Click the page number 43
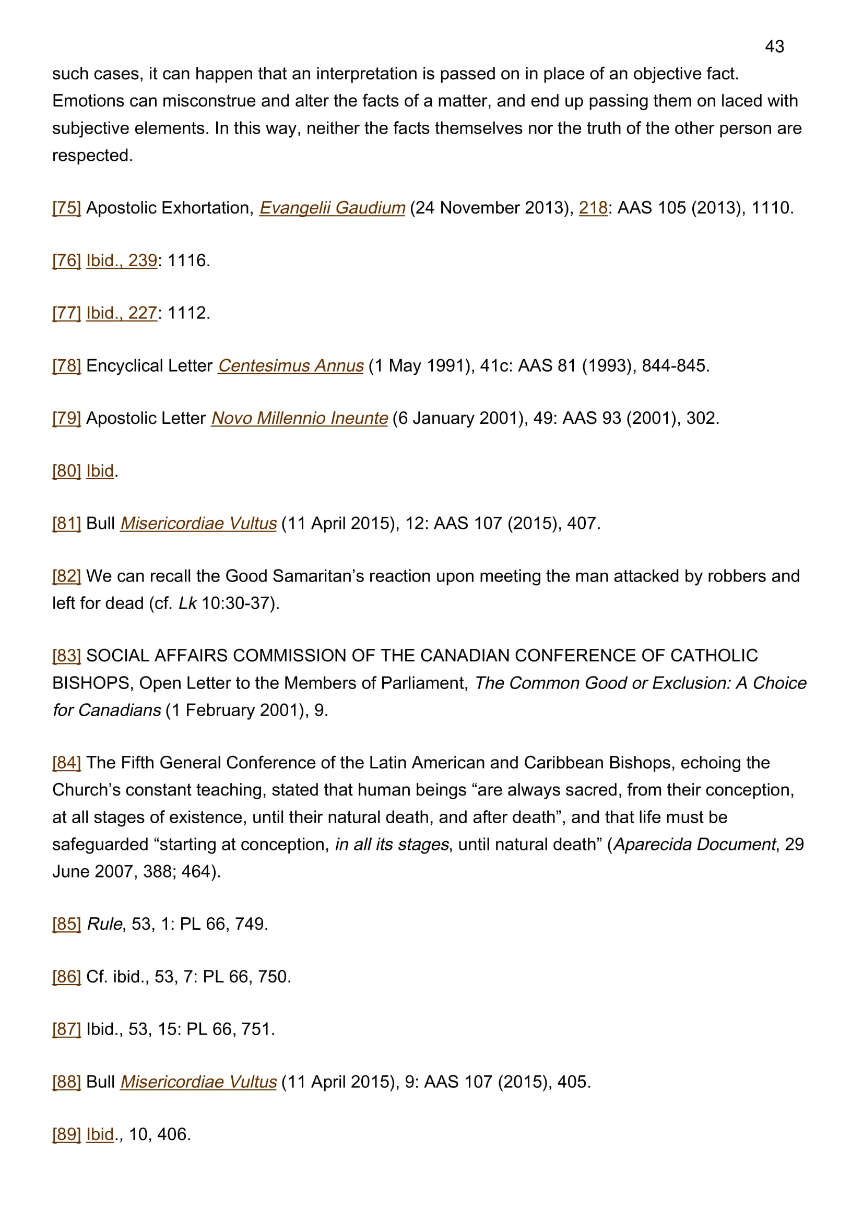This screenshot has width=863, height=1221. pyautogui.click(x=774, y=47)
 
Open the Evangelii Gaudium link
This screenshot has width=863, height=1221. pyautogui.click(x=332, y=208)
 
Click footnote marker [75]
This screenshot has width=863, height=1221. pyautogui.click(x=66, y=208)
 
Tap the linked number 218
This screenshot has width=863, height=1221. pyautogui.click(x=593, y=208)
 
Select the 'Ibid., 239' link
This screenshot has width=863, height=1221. pyautogui.click(x=121, y=260)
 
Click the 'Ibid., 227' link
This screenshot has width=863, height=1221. pyautogui.click(x=121, y=313)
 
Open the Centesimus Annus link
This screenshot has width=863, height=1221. pyautogui.click(x=290, y=366)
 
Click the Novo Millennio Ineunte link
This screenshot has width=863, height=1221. pyautogui.click(x=299, y=419)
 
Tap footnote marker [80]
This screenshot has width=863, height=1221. pyautogui.click(x=66, y=471)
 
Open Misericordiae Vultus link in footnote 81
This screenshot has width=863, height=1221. pyautogui.click(x=198, y=524)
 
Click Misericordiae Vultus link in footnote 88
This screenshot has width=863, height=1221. pyautogui.click(x=198, y=1082)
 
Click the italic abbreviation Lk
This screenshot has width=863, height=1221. pyautogui.click(x=187, y=603)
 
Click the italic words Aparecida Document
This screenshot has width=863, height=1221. pyautogui.click(x=694, y=845)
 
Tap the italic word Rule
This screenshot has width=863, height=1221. pyautogui.click(x=105, y=924)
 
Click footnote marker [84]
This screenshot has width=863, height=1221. pyautogui.click(x=66, y=763)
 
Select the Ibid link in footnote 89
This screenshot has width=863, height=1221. pyautogui.click(x=100, y=1135)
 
